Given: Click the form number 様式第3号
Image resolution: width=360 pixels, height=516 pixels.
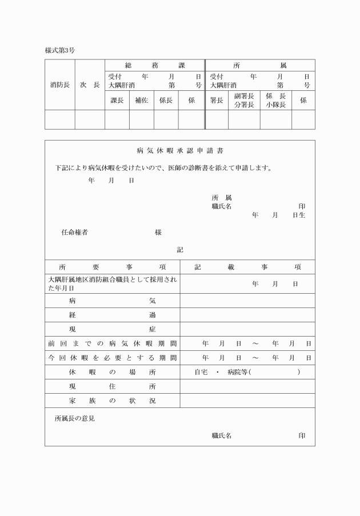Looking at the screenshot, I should (60, 50).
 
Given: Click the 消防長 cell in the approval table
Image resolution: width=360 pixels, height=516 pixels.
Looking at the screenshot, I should (60, 85).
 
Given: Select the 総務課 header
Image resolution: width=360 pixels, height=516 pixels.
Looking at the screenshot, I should (154, 66).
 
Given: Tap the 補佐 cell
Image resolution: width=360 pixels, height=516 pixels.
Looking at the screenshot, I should (141, 100).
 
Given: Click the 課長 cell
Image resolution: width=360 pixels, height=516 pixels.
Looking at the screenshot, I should (117, 100).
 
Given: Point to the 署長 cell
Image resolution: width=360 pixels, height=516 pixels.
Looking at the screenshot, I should (216, 100).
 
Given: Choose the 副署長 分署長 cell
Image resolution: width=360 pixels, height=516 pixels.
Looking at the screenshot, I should (244, 100).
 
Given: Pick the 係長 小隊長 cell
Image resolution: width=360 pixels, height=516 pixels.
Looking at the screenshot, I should (275, 100).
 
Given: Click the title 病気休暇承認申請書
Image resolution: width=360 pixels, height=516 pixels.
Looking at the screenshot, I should (180, 151).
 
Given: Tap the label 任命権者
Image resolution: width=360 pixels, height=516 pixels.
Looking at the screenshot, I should (74, 233).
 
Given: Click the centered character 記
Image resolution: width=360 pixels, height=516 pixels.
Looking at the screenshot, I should (180, 250).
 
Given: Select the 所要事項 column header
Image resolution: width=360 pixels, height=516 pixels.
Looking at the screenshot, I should (112, 267).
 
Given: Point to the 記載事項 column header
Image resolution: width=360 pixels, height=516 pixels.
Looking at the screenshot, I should (247, 267).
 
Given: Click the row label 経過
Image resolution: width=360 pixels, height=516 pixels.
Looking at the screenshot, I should (112, 315).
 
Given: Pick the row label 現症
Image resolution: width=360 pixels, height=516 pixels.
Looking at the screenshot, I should (112, 329).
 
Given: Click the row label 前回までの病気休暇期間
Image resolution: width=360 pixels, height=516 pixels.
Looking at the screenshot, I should (112, 343).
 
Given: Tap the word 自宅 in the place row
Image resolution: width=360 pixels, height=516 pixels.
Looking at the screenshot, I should (201, 372).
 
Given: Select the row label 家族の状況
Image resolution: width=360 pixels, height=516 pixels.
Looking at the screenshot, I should (112, 401).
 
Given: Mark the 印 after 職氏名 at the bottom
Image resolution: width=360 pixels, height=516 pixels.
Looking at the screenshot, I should (302, 435).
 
